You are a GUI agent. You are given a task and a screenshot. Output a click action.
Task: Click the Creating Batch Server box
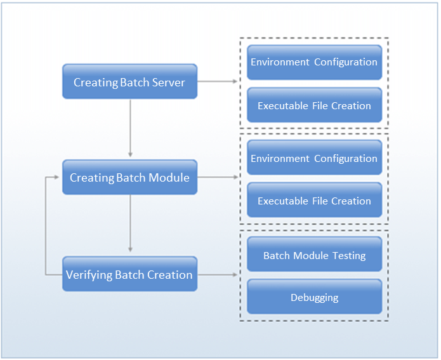click(x=129, y=81)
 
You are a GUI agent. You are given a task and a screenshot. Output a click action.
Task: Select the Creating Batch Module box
click(x=129, y=177)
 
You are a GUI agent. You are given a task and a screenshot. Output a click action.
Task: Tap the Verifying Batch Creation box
click(x=129, y=274)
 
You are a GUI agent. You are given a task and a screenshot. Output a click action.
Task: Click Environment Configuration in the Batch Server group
click(x=314, y=62)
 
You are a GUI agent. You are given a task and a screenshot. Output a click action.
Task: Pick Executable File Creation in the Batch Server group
click(x=314, y=105)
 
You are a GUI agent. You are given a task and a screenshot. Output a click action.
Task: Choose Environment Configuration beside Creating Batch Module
click(x=314, y=158)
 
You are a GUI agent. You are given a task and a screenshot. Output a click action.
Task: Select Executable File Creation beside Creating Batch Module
click(x=314, y=201)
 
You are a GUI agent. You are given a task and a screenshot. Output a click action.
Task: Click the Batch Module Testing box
click(x=314, y=255)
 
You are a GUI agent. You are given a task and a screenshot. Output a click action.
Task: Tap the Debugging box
click(x=314, y=297)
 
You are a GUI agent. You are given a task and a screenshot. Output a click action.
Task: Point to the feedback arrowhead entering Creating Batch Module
click(x=58, y=178)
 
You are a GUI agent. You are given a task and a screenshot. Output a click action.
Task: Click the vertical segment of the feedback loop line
click(x=46, y=226)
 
